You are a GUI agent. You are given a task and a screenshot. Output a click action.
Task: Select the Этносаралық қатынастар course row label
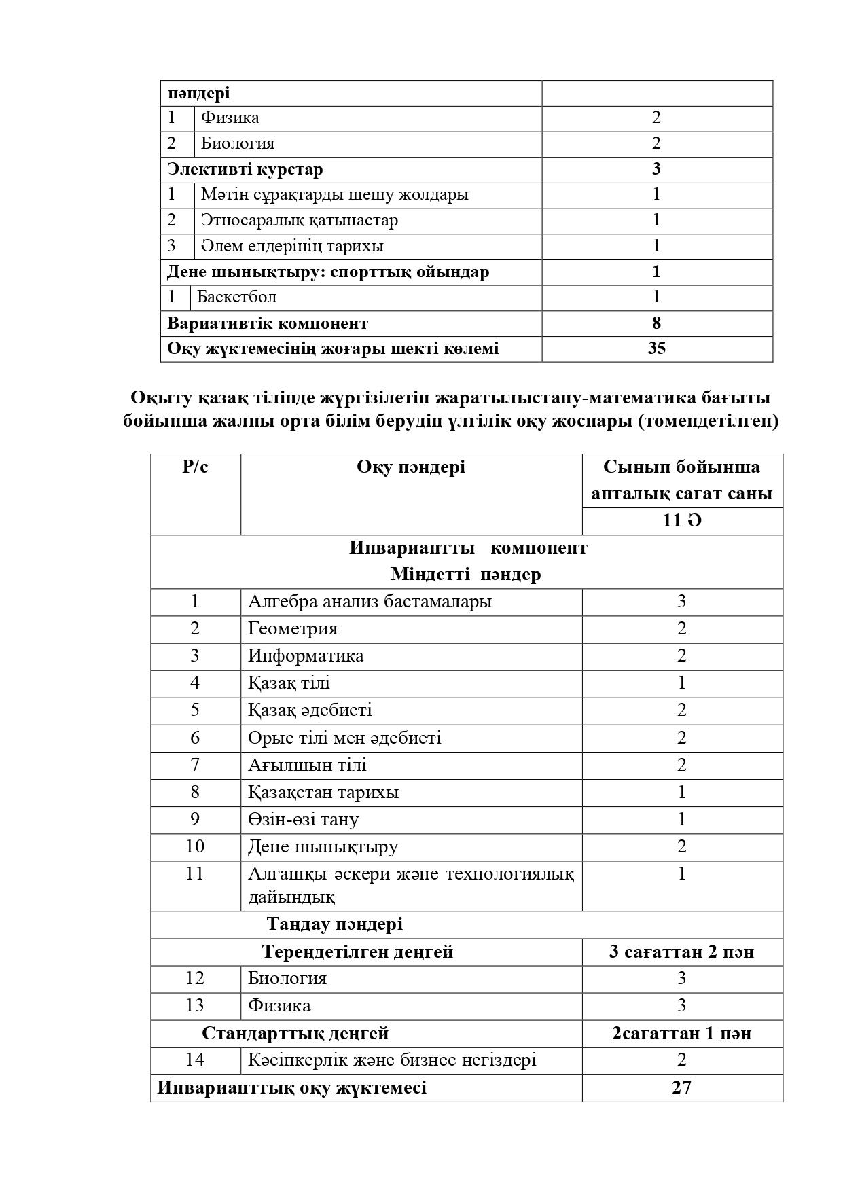300,220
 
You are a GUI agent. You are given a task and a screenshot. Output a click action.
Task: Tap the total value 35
657,348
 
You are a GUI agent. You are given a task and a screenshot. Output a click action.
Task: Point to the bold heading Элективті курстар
245,169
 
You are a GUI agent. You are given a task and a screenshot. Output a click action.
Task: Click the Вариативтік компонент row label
268,323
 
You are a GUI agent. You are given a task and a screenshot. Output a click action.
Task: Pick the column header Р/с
195,467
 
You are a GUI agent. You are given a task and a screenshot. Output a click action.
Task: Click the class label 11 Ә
681,521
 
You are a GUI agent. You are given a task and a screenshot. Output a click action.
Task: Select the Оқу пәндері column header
411,467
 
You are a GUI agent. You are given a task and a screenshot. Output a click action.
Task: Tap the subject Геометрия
293,629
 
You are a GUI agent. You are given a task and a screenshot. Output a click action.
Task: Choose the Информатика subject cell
306,656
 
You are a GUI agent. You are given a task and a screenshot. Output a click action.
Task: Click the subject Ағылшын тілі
307,765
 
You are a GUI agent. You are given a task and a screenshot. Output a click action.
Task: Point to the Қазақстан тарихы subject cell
323,793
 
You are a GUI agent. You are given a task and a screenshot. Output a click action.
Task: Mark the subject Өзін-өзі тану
303,820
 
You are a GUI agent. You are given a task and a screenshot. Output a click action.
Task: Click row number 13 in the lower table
195,1005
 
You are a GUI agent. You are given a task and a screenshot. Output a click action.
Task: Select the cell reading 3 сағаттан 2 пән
681,952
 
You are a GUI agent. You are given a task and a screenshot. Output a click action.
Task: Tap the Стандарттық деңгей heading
295,1034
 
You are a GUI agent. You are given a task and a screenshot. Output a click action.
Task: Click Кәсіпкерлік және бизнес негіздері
392,1060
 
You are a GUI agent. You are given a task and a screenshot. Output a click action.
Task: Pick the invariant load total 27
681,1087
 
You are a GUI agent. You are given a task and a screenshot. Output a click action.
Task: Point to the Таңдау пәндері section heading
335,924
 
